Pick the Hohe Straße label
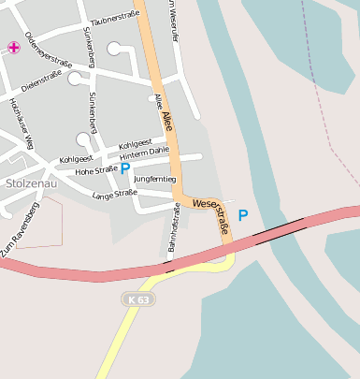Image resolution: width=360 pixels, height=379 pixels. [96, 170]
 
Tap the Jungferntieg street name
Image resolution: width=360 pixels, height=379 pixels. [155, 178]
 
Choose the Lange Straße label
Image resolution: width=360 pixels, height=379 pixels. [115, 194]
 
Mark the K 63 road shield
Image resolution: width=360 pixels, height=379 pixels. [137, 299]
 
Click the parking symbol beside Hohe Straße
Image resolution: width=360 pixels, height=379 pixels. [124, 169]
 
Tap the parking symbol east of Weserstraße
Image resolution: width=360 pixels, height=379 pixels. [243, 215]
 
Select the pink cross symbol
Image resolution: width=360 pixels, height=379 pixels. [13, 47]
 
